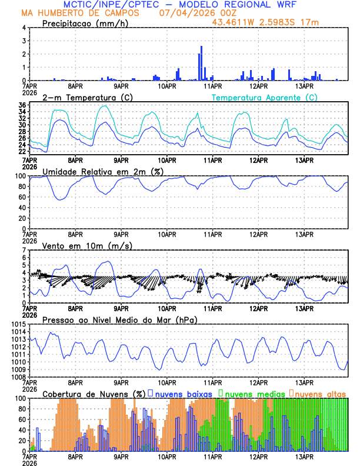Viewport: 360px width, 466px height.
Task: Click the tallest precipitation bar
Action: (201, 63)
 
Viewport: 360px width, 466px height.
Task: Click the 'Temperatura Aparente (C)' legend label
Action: (264, 97)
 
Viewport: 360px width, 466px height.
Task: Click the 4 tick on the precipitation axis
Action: (24, 28)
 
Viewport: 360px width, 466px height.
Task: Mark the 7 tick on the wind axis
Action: (24, 250)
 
